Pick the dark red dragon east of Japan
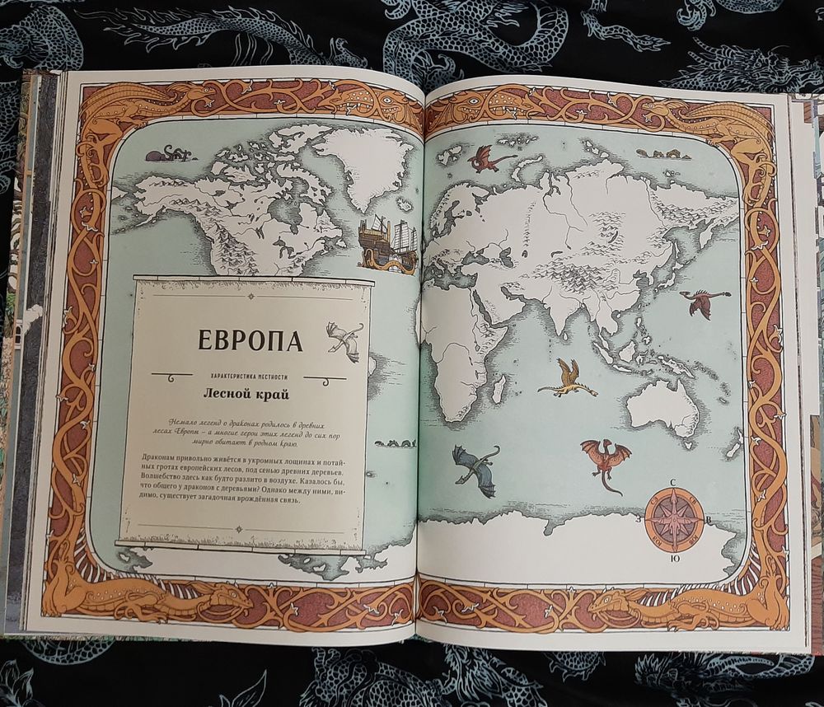tap(703, 303)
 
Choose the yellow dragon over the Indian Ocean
tap(569, 377)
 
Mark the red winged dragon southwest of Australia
tap(606, 458)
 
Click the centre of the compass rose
tap(674, 519)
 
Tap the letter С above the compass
tap(673, 484)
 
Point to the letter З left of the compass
tap(638, 520)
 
